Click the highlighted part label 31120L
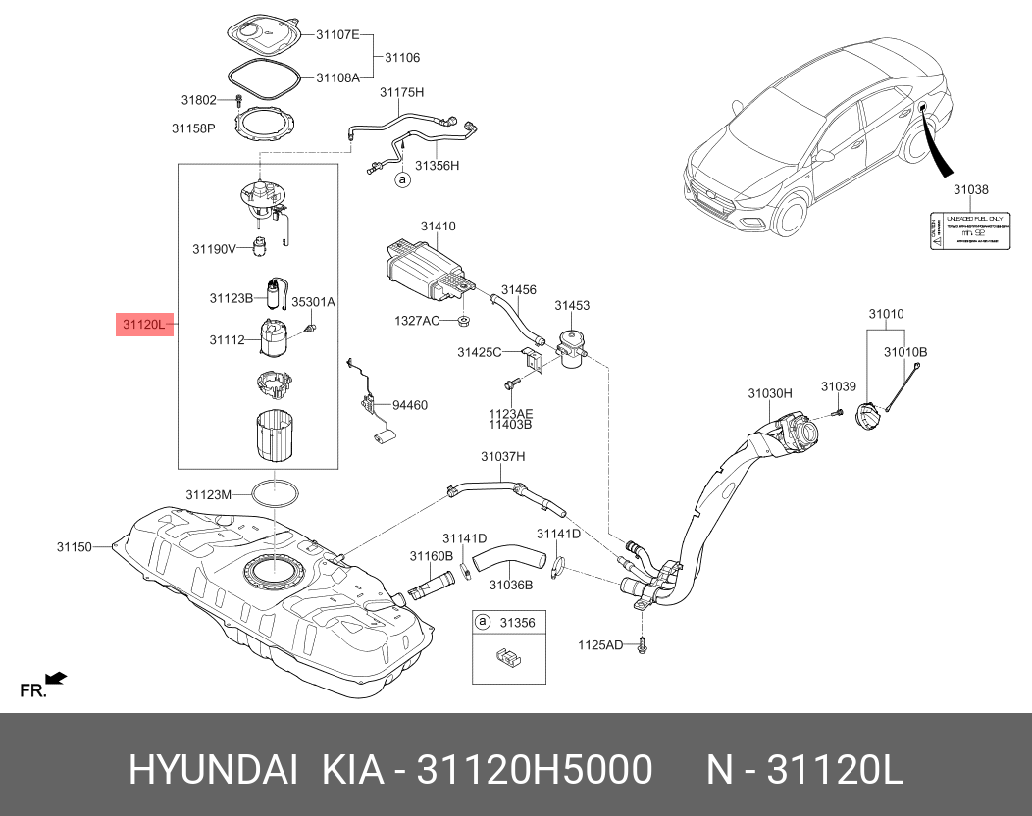pos(144,324)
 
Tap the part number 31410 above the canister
pos(439,227)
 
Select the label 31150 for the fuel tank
pos(74,546)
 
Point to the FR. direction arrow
pos(56,677)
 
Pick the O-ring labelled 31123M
pos(276,493)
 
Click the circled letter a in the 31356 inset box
pos(483,622)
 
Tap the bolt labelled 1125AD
pos(642,644)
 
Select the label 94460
pos(410,404)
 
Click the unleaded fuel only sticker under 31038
pos(969,230)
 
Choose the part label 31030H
pos(770,393)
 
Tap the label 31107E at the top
pos(336,35)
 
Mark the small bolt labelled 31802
pos(238,100)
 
